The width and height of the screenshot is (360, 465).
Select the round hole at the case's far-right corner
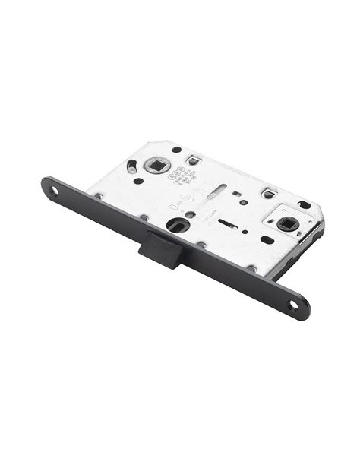305,205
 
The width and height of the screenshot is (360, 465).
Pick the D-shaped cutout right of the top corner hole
195,159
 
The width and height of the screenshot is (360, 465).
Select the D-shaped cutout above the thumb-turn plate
268,192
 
